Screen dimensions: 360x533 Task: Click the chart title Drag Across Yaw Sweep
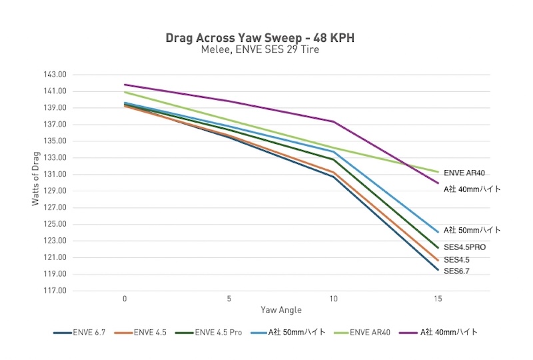260,38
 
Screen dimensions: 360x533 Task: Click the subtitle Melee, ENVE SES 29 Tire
260,50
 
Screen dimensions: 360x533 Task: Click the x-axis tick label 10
334,299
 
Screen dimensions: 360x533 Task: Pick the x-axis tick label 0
125,299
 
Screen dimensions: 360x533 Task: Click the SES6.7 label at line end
457,271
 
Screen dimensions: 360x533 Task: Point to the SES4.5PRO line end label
465,247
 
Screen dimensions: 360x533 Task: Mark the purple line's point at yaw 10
334,121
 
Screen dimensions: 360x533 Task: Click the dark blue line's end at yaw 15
438,270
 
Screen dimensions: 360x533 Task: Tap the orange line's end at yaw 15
438,260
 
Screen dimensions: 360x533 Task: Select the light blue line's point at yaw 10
334,152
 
